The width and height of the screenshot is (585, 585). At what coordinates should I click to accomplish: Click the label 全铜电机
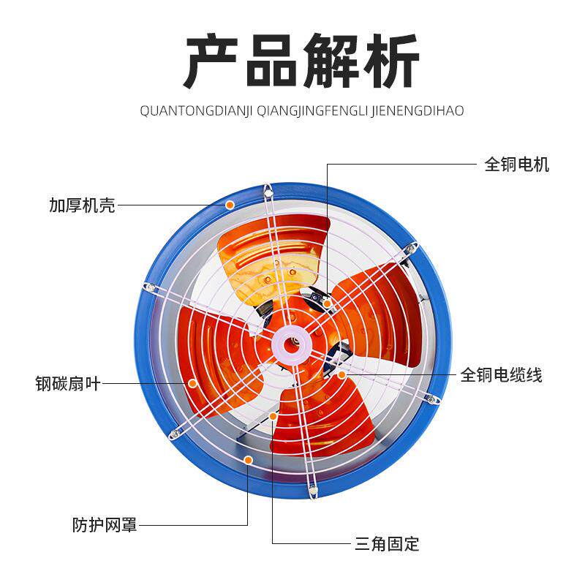click(x=516, y=165)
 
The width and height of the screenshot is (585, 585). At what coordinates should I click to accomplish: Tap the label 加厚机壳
click(x=82, y=205)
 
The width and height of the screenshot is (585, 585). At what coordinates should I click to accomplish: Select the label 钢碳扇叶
click(x=67, y=382)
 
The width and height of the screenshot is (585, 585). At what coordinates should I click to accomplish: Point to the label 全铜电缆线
click(x=501, y=376)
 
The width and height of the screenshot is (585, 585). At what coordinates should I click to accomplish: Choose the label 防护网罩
click(x=105, y=524)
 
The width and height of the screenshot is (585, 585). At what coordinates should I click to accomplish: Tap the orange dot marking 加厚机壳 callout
click(x=230, y=205)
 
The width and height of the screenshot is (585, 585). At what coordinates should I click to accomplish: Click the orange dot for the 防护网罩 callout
click(x=249, y=460)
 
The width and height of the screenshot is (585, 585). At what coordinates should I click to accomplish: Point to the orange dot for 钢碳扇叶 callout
click(x=192, y=382)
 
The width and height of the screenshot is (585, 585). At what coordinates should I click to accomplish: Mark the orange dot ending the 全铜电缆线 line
click(x=341, y=374)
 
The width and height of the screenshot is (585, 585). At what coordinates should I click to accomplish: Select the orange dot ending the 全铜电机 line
click(x=328, y=302)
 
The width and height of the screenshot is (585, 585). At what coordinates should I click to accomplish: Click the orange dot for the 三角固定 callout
click(x=273, y=416)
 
